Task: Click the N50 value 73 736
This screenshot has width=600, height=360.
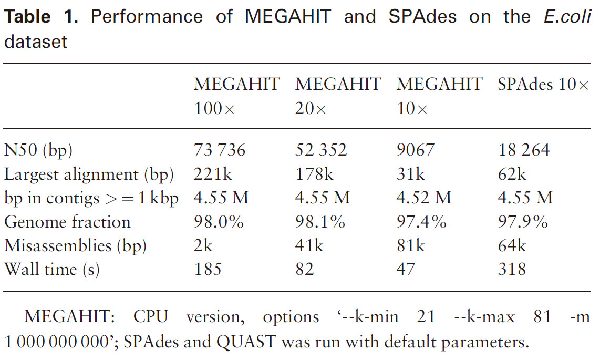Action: [220, 150]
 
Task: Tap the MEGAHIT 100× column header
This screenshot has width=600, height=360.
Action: [236, 96]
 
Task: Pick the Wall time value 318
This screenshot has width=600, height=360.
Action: [511, 270]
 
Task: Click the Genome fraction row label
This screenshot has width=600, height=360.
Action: [67, 222]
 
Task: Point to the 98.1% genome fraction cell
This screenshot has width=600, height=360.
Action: [320, 222]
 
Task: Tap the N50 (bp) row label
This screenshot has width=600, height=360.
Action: [38, 150]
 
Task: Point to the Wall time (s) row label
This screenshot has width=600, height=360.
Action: [52, 270]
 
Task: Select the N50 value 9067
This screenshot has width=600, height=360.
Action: [416, 150]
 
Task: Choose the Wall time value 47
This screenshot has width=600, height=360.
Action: [406, 270]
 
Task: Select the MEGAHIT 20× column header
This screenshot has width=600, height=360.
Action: [338, 96]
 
